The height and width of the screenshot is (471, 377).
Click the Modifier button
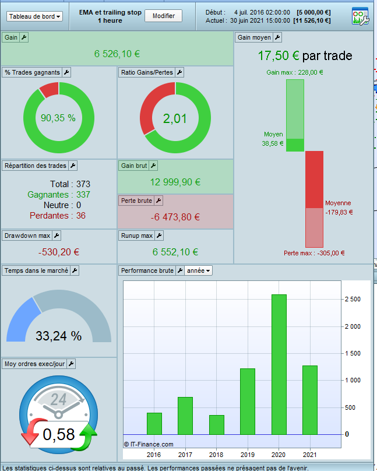163,16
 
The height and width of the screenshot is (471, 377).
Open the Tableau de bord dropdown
35,16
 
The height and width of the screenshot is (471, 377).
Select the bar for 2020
279,364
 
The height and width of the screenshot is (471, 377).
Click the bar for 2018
216,424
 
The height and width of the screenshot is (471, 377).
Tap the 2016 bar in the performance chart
154,423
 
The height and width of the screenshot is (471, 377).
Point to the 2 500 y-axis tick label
353,299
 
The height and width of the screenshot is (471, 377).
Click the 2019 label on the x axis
247,455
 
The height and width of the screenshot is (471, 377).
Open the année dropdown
199,270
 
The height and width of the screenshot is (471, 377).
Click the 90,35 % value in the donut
58,118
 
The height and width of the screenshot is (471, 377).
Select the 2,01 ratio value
175,118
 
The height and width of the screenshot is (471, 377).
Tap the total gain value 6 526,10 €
117,54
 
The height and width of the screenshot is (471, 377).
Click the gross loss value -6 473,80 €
176,217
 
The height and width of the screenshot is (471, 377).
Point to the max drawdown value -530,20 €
59,252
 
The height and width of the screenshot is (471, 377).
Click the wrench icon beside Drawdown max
57,235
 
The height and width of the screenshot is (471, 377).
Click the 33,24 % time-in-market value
58,336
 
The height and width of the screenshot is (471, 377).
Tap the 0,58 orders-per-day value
58,434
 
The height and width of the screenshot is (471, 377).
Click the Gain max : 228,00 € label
295,72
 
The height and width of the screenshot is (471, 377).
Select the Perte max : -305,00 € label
314,253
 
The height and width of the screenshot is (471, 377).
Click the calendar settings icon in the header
360,16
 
